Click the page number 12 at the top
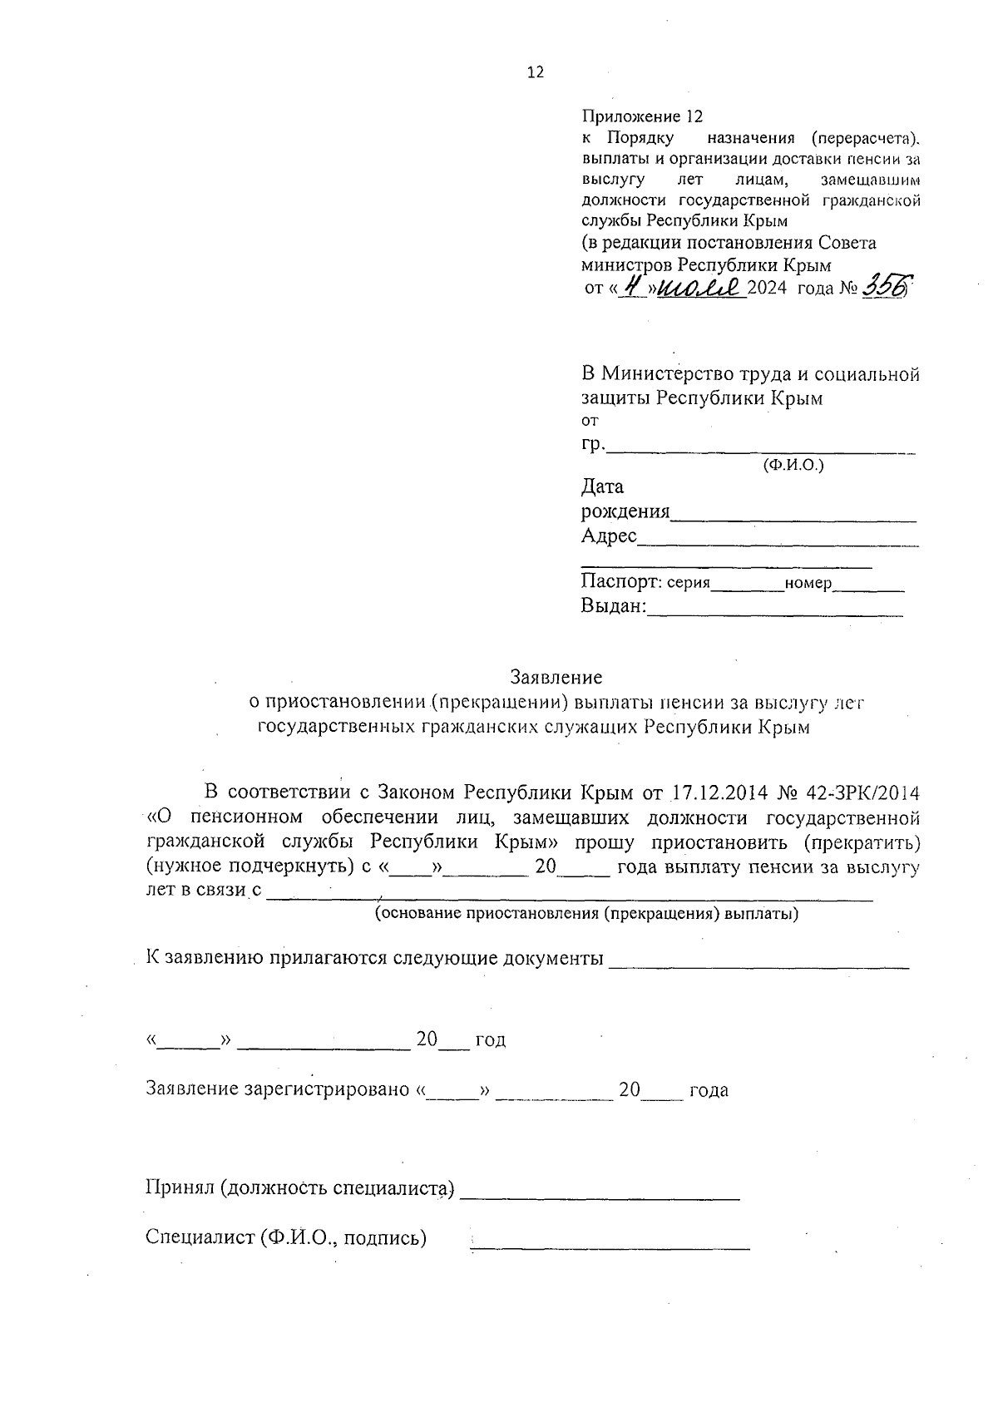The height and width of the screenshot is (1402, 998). (x=536, y=72)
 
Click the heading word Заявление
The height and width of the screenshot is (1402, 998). (x=556, y=677)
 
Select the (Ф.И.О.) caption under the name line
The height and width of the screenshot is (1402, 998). (x=793, y=466)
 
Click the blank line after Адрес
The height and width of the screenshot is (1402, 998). (x=778, y=543)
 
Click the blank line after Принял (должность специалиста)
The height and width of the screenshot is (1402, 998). (x=600, y=1197)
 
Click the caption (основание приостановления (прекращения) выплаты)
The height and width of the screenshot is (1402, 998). (x=586, y=915)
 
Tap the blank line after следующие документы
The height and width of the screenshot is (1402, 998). (x=758, y=966)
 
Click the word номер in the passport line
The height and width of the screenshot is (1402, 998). (x=808, y=583)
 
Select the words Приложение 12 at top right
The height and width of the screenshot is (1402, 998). (x=642, y=116)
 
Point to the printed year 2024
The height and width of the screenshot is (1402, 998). (x=767, y=289)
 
